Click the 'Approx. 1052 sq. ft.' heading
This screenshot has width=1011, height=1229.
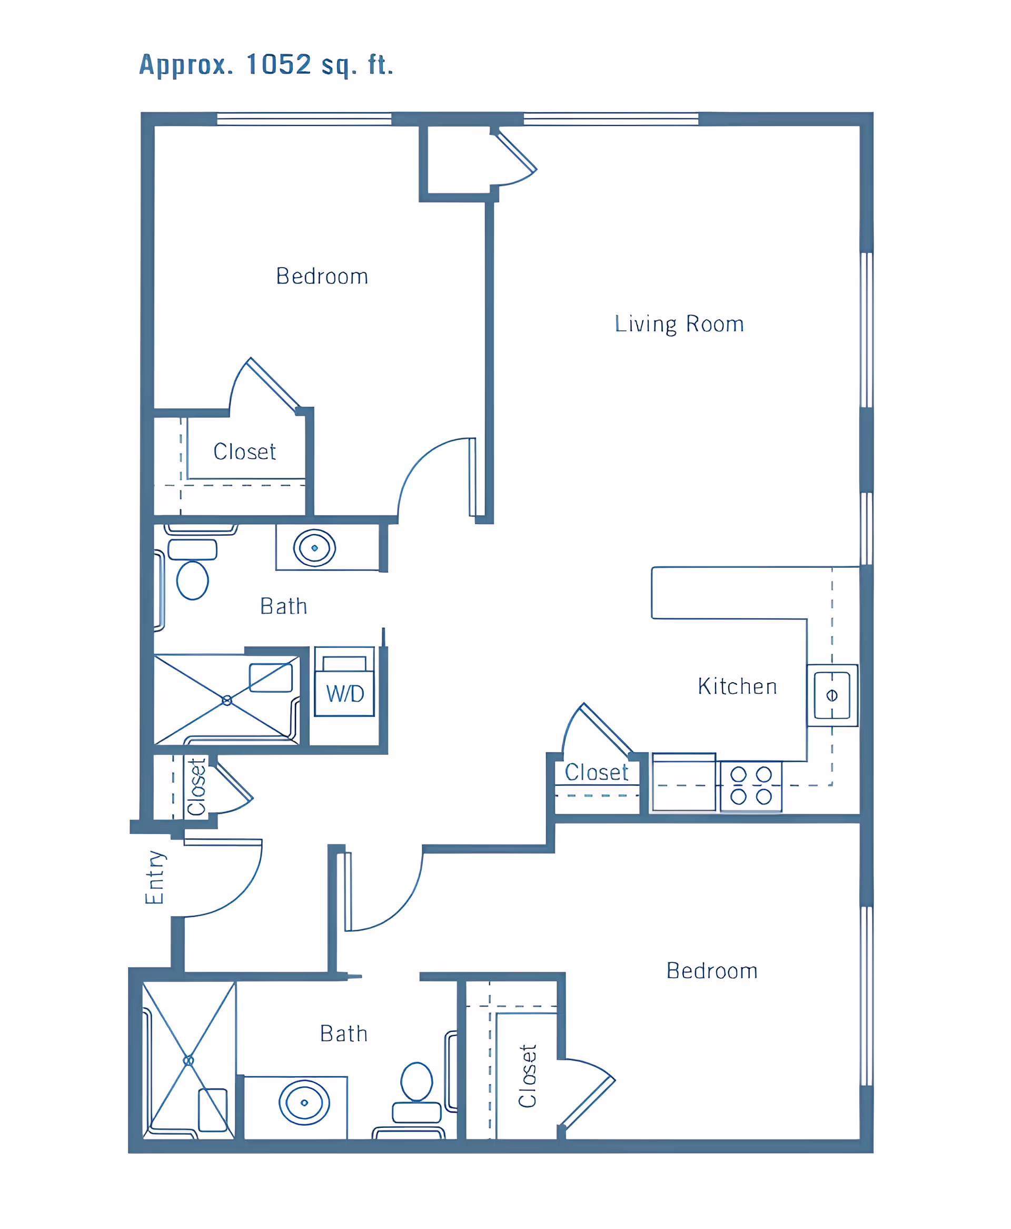[x=266, y=65]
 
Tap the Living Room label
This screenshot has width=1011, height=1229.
[x=679, y=324]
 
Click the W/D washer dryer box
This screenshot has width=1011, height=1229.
[x=344, y=682]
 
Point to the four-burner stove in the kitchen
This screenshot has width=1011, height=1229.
[x=751, y=786]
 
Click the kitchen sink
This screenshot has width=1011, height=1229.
[x=832, y=695]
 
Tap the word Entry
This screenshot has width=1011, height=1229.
[x=155, y=877]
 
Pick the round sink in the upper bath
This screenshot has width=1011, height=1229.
[x=314, y=548]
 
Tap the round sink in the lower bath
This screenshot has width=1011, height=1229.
[x=304, y=1103]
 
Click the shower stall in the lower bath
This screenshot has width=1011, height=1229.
[x=189, y=1060]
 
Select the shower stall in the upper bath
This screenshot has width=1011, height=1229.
[x=226, y=700]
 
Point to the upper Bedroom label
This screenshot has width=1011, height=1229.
[x=322, y=276]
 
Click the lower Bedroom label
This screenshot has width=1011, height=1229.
[x=712, y=971]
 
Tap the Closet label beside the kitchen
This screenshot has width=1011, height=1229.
[x=597, y=772]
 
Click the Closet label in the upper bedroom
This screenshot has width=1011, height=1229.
[x=245, y=451]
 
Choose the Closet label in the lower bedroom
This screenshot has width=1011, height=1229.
[x=528, y=1076]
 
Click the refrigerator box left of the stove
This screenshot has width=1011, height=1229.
[x=683, y=782]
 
